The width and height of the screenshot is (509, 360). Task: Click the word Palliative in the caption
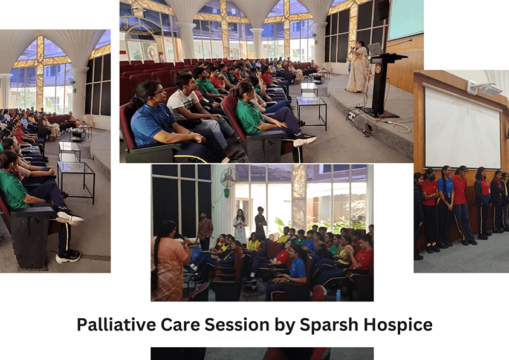coord(116,324)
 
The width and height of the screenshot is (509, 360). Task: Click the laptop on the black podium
coord(375,49)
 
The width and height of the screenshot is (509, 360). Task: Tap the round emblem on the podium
coord(378,68)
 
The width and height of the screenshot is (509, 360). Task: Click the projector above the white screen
coord(486,88)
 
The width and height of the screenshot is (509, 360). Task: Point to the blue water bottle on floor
coord(339,295)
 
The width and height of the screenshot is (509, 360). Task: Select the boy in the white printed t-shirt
coord(192,107)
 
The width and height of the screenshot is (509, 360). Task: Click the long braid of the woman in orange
coord(155,260)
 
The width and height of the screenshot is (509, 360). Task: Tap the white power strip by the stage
coord(351,116)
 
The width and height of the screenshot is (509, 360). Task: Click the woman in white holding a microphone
coord(240,226)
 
